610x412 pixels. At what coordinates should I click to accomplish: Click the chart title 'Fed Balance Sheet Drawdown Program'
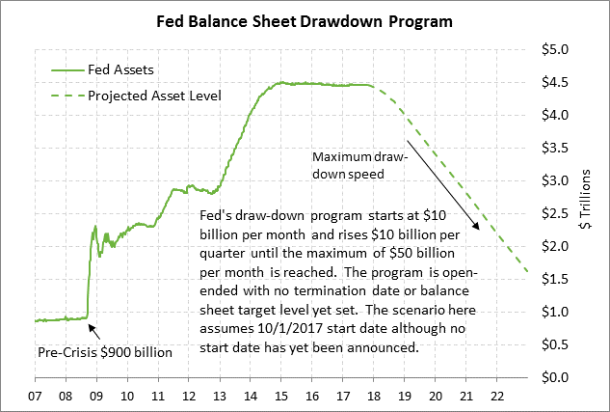pyautogui.click(x=305, y=20)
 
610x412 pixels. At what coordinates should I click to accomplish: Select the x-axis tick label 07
pyautogui.click(x=35, y=397)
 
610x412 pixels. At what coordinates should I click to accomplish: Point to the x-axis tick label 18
pyautogui.click(x=374, y=397)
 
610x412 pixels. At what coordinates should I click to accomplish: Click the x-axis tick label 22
pyautogui.click(x=494, y=397)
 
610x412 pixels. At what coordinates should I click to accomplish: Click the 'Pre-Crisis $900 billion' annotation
pyautogui.click(x=103, y=351)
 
